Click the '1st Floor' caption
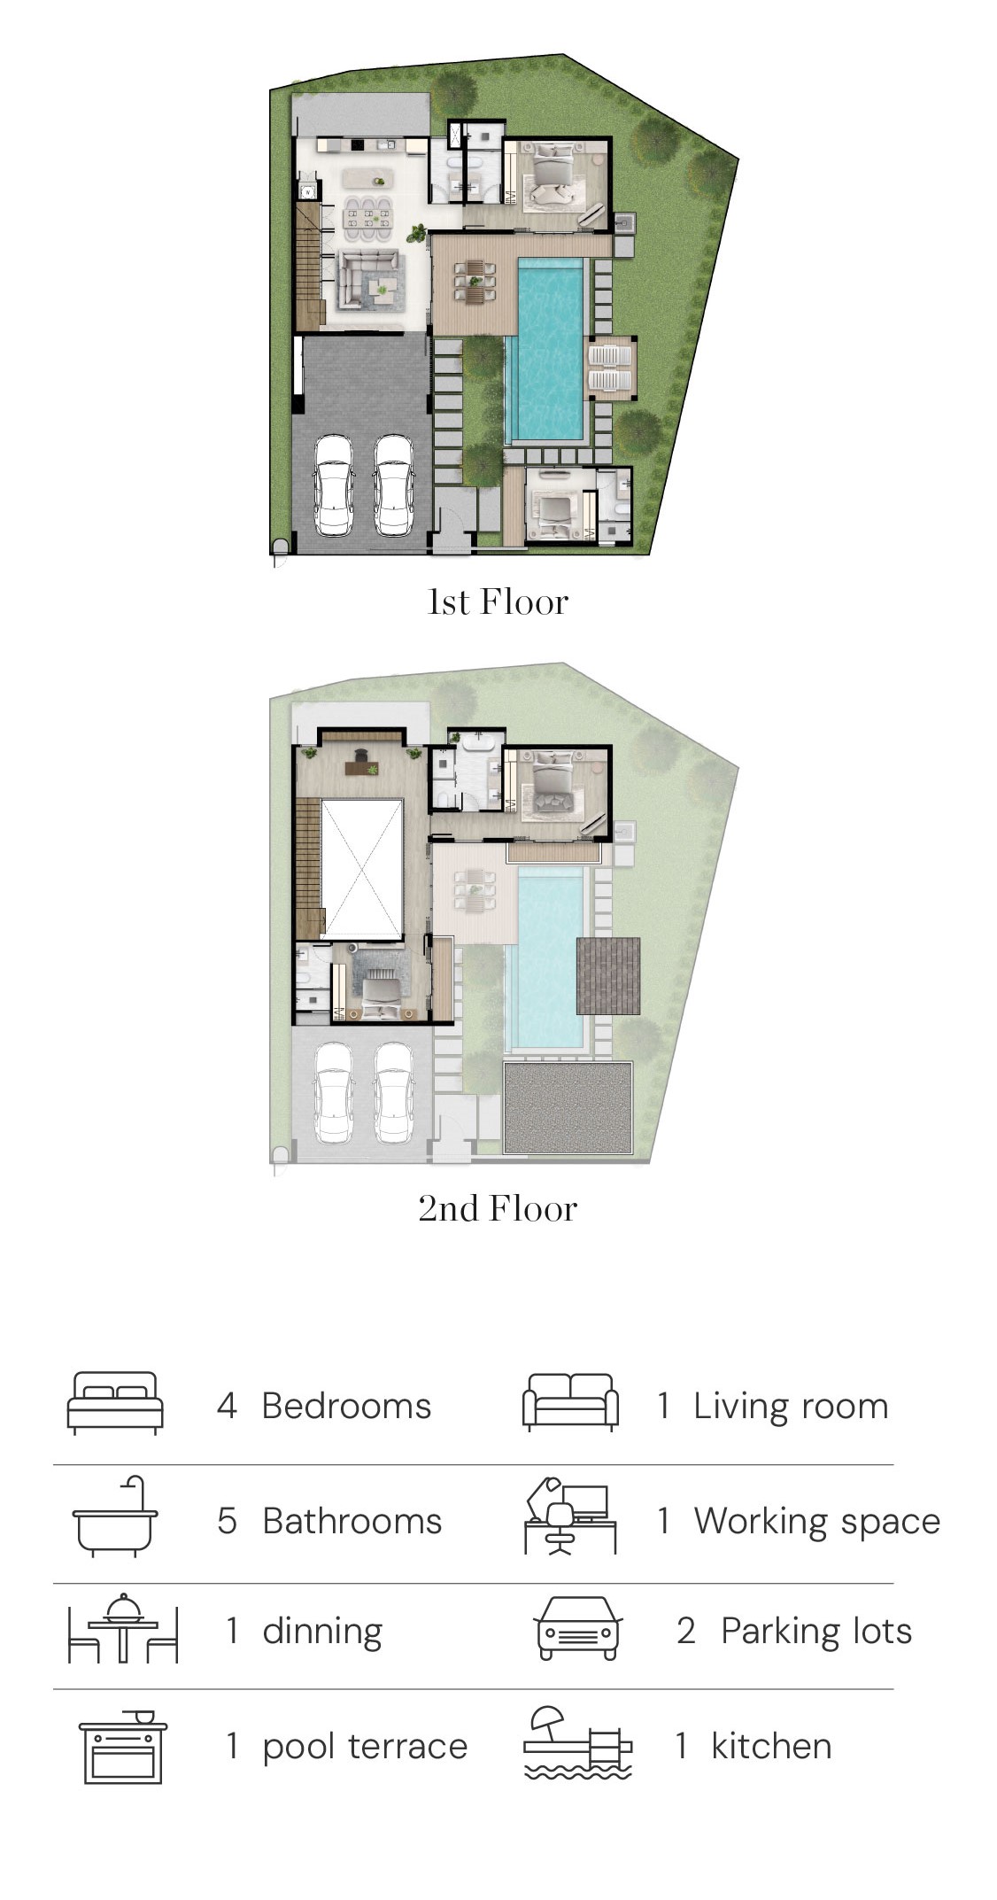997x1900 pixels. coord(498,602)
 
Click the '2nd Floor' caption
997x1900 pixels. coord(498,1208)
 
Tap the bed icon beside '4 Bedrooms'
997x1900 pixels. coord(116,1403)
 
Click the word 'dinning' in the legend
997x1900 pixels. coord(322,1631)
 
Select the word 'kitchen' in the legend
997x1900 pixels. coord(771,1746)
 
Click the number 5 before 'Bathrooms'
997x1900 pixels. coord(228,1521)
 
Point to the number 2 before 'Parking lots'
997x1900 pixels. coord(686,1631)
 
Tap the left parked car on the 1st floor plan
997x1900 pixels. coord(334,485)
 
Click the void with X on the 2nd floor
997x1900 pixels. coord(362,868)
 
